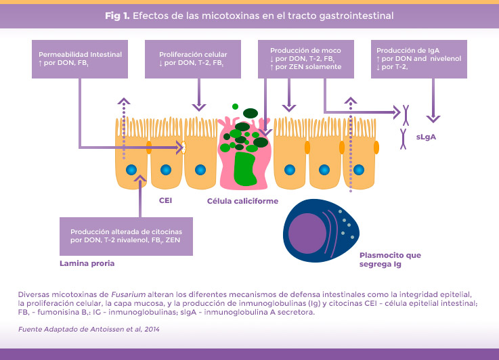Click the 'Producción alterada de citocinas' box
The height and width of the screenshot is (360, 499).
click(x=126, y=236)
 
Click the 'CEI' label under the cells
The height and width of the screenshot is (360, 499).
click(x=167, y=201)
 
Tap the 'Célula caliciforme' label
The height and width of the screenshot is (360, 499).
click(x=242, y=201)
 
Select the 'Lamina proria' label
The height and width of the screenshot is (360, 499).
click(x=86, y=263)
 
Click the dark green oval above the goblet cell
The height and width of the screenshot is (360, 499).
click(x=251, y=113)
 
